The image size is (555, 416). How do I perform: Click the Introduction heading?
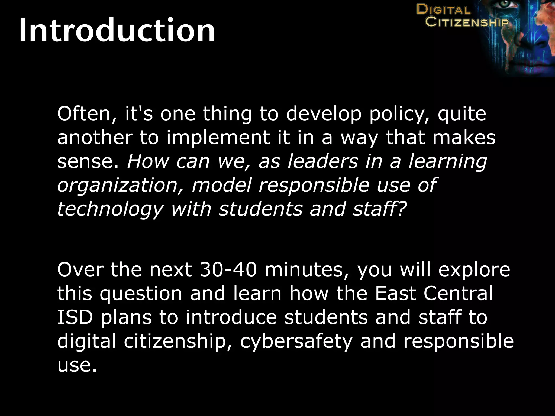[117, 30]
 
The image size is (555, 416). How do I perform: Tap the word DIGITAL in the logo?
[443, 10]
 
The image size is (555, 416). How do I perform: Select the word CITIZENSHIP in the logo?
[467, 22]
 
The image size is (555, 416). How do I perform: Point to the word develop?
[324, 114]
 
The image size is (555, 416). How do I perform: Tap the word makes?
[464, 138]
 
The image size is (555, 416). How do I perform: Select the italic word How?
[148, 161]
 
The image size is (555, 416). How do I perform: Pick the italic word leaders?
[322, 161]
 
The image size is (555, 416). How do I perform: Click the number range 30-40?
[228, 270]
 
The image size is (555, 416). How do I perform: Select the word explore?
[474, 270]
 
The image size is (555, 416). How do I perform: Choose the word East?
[396, 294]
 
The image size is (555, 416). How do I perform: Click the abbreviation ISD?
[75, 317]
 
